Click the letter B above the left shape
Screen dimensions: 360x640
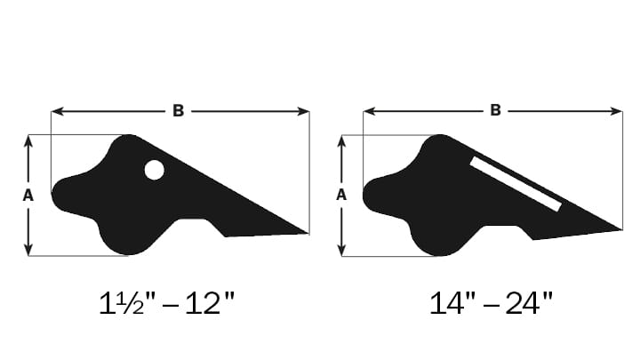tap(178, 111)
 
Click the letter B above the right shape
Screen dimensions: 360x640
tap(495, 111)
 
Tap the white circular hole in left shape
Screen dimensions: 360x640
tap(154, 170)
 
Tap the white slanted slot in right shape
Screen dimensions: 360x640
tap(516, 184)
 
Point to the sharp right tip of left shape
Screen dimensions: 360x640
tap(306, 233)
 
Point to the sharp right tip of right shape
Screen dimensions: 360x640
tap(619, 229)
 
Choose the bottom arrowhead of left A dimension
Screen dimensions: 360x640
tap(28, 251)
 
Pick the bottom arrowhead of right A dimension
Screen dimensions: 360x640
tap(342, 251)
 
